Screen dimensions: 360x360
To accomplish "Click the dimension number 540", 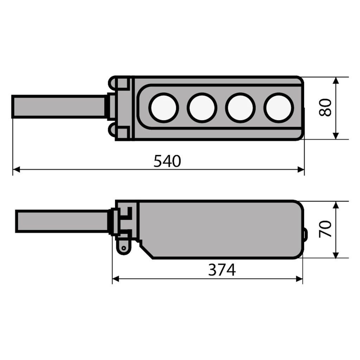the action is (167, 161).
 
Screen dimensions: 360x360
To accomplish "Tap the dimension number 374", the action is (222, 270).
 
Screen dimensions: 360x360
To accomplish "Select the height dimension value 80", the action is (325, 108).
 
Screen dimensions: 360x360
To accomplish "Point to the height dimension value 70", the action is (325, 229).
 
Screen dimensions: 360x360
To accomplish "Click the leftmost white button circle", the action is (163, 108).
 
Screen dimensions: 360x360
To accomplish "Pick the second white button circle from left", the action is (202, 108).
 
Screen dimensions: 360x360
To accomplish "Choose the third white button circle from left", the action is (240, 108).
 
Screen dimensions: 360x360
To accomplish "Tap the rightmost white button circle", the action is (278, 108).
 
